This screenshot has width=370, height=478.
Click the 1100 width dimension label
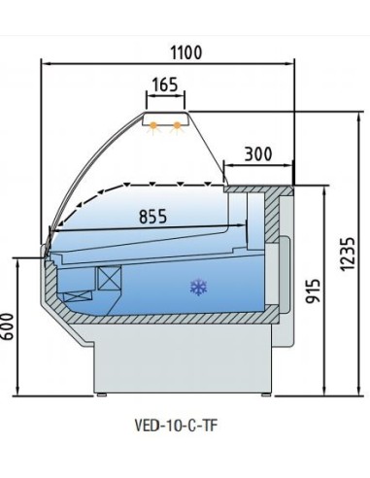(186, 52)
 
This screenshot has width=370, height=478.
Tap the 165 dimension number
(165, 85)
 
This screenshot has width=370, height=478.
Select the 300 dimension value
(258, 154)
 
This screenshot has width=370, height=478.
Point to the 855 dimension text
(152, 217)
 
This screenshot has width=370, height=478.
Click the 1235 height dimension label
(348, 255)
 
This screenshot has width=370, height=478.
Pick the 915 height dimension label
(313, 290)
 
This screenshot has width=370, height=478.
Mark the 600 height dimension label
(7, 326)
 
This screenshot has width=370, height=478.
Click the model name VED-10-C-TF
(175, 426)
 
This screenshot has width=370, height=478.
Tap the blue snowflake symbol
(198, 288)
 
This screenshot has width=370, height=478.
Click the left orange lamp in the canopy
(153, 126)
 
